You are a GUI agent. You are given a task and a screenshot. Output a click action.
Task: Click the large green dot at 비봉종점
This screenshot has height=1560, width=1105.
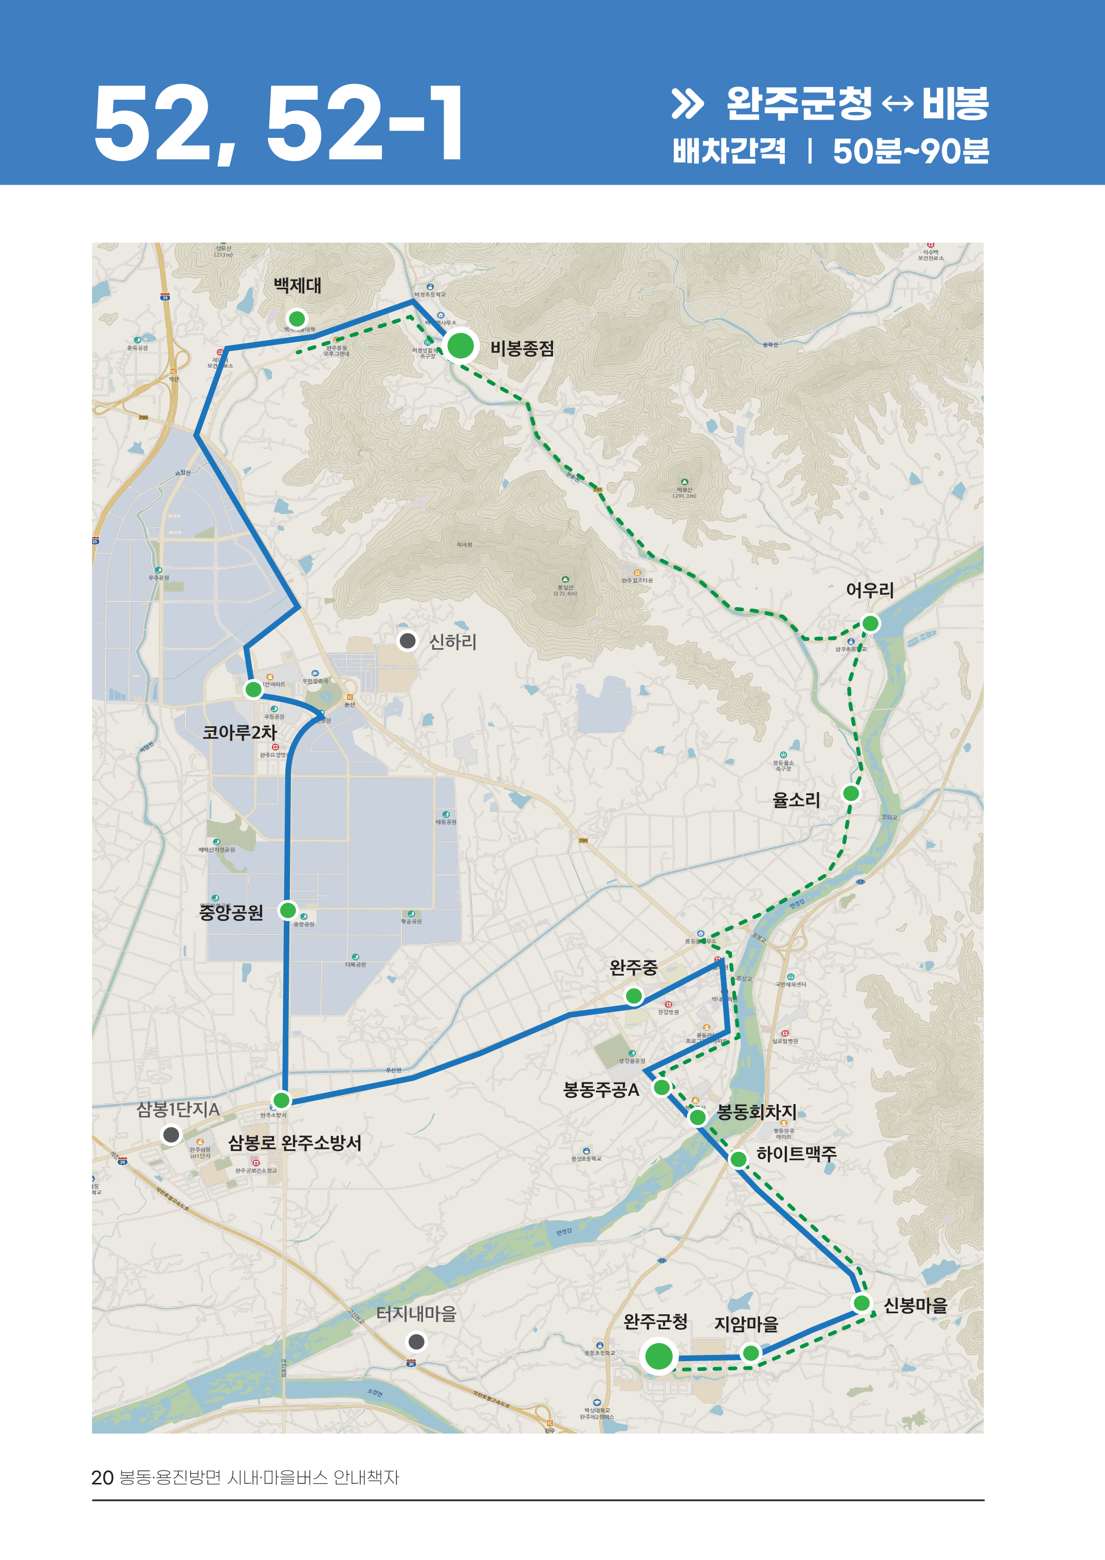tap(461, 345)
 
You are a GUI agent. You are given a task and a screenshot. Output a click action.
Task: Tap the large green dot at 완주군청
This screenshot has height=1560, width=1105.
tap(658, 1356)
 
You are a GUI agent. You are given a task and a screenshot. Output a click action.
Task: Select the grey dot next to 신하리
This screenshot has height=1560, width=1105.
tap(408, 640)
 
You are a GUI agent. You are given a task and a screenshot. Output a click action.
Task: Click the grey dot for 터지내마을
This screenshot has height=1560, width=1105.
tap(416, 1342)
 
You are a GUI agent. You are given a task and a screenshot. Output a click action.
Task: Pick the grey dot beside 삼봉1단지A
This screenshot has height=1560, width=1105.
tap(171, 1134)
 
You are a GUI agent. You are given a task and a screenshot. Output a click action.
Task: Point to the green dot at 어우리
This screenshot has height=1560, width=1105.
tap(870, 623)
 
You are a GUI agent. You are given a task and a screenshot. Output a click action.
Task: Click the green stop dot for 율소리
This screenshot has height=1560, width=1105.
tap(851, 793)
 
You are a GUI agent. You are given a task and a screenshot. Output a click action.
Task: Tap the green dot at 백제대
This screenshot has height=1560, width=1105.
tap(297, 318)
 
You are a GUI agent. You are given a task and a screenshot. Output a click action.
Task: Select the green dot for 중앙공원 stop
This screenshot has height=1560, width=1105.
tap(288, 910)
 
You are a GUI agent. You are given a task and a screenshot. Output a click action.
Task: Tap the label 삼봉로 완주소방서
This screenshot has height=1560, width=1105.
tap(294, 1142)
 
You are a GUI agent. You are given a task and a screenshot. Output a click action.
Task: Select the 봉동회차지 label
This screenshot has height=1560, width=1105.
tap(757, 1112)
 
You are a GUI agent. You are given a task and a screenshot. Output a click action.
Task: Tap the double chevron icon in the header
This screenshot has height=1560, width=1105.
tap(687, 104)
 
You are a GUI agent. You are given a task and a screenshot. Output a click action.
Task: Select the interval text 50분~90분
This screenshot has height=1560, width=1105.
tap(910, 151)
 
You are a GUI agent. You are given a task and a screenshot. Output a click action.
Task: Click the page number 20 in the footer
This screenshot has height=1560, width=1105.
tap(102, 1478)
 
